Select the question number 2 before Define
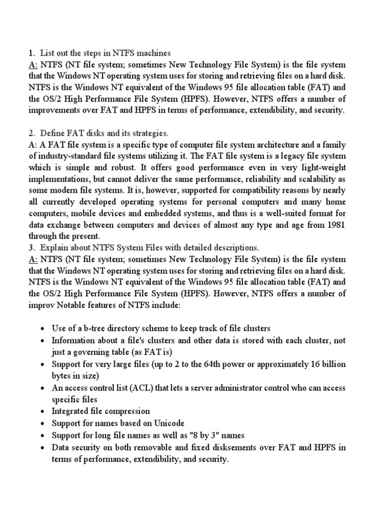click(32, 133)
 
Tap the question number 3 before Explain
click(32, 247)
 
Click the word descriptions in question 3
click(236, 247)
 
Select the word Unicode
click(167, 423)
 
